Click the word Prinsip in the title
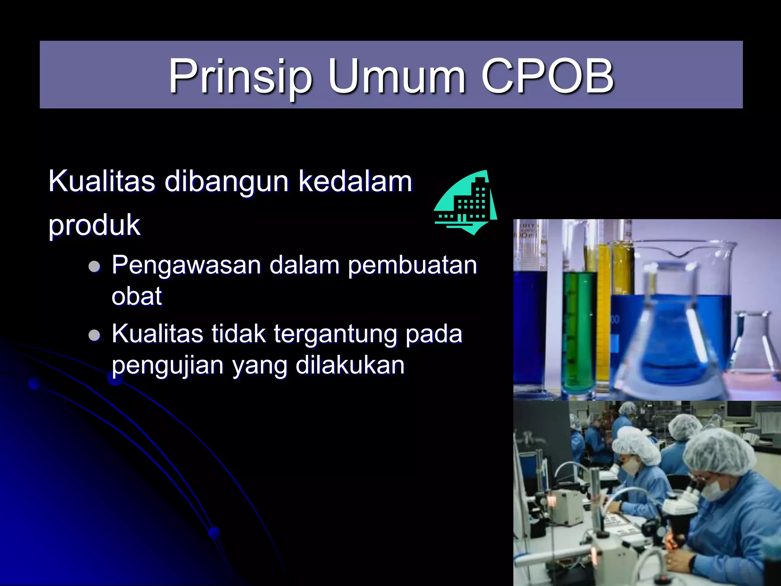[x=241, y=76]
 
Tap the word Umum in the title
[x=397, y=76]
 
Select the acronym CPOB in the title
[x=547, y=76]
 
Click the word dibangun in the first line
[x=227, y=181]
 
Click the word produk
[x=94, y=225]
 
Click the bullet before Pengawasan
[x=94, y=266]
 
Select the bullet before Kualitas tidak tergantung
[x=94, y=335]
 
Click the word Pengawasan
[x=186, y=265]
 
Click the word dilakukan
[x=350, y=365]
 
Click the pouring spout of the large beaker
[x=682, y=254]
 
